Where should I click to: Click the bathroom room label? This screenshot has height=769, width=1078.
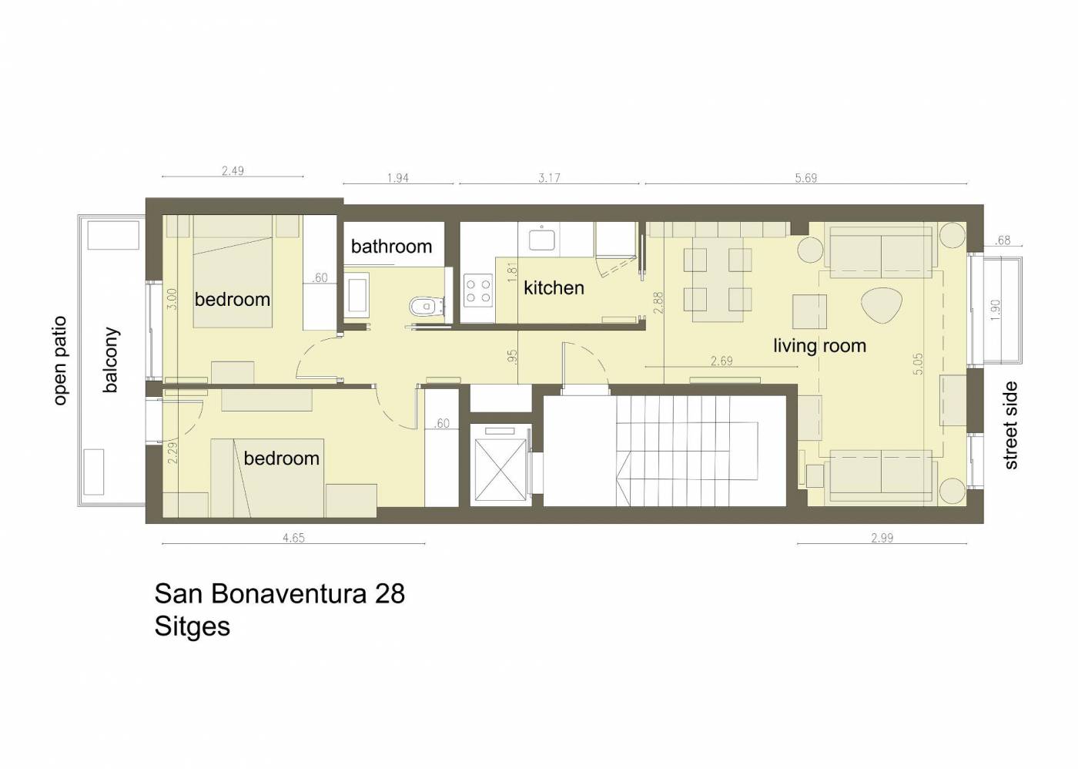coord(391,247)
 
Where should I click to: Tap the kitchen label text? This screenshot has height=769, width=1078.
coord(554,288)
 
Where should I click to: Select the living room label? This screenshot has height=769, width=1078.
coord(819,346)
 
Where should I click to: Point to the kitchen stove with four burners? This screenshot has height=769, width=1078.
coord(477,290)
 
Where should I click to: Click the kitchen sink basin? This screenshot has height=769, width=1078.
coord(541,240)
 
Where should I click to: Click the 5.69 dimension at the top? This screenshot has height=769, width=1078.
coord(806,178)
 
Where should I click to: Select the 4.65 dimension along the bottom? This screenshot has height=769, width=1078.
coord(293,538)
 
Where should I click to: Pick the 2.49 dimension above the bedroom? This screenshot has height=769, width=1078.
coord(233,171)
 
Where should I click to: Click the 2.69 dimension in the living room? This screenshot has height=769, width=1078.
coord(721,361)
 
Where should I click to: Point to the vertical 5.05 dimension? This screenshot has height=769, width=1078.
coord(917,364)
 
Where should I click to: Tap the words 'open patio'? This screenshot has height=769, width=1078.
coord(60,361)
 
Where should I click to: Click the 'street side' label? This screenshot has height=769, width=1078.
coord(1010,425)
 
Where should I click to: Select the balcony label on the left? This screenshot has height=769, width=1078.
coord(110,360)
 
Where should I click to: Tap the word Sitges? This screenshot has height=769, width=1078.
coord(192,626)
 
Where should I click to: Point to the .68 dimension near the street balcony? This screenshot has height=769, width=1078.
coord(1002,240)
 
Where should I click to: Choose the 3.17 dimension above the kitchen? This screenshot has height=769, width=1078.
coord(549,178)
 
